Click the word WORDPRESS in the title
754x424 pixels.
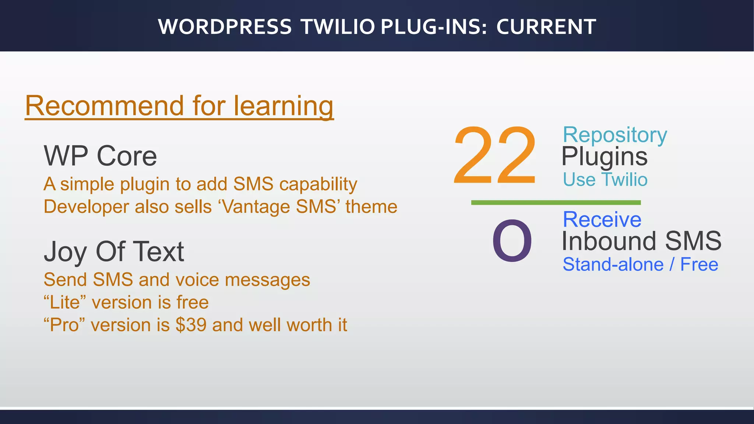pyautogui.click(x=225, y=27)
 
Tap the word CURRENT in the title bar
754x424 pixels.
pyautogui.click(x=546, y=27)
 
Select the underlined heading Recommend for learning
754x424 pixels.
pyautogui.click(x=179, y=106)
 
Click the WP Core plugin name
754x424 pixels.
pyautogui.click(x=100, y=156)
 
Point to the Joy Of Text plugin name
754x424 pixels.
pyautogui.click(x=114, y=252)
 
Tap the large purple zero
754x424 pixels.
pyautogui.click(x=512, y=241)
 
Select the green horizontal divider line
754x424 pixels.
pyautogui.click(x=556, y=202)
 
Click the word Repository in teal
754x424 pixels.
pyautogui.click(x=614, y=135)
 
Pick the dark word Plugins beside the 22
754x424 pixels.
pyautogui.click(x=604, y=156)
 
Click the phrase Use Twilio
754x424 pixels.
pyautogui.click(x=605, y=180)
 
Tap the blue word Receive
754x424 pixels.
pyautogui.click(x=602, y=219)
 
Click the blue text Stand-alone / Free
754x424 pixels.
pyautogui.click(x=640, y=264)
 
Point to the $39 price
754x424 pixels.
pyautogui.click(x=191, y=325)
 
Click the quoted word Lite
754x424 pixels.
pyautogui.click(x=65, y=303)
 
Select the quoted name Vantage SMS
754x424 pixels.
pyautogui.click(x=279, y=206)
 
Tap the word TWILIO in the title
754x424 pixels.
pyautogui.click(x=338, y=27)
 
